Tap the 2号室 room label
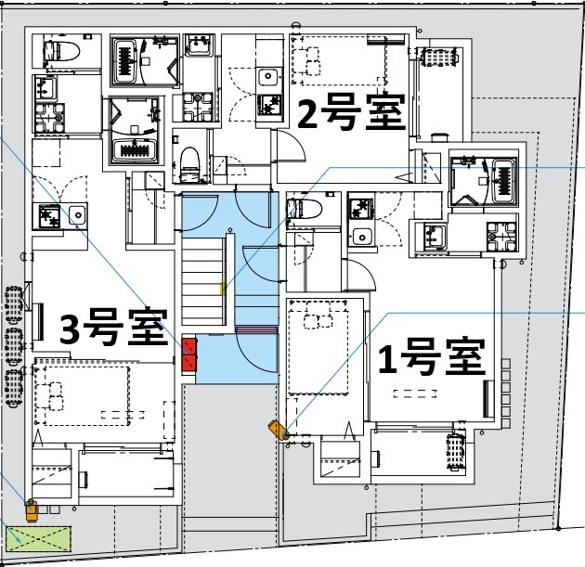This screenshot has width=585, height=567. pos(350,114)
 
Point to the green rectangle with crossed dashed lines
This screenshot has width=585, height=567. pos(39,538)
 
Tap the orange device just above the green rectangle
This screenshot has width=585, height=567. pos(32,508)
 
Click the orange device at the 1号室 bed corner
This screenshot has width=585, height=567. pos(278,430)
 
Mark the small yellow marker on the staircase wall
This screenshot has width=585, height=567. pos(221,290)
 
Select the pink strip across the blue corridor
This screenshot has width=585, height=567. pos(257,329)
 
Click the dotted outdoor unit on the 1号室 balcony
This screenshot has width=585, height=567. pos(454,453)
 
